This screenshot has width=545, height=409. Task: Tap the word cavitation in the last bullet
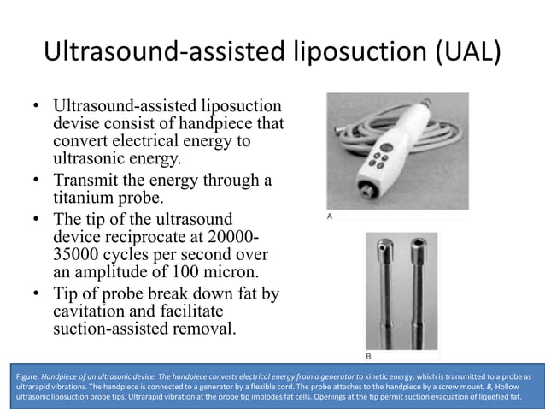92,311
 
